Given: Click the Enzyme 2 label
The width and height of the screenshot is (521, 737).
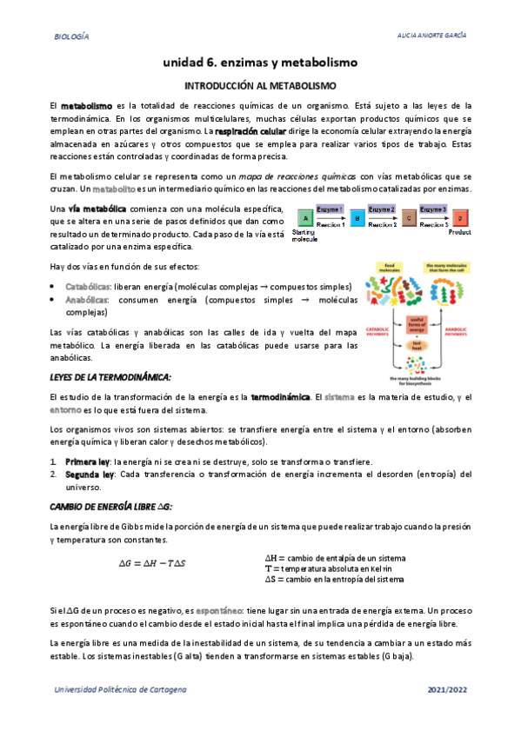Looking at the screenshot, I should pyautogui.click(x=381, y=209).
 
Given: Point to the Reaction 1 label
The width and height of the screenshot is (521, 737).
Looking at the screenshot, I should pyautogui.click(x=331, y=225).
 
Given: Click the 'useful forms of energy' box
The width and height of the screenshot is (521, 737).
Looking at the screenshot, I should pyautogui.click(x=417, y=324).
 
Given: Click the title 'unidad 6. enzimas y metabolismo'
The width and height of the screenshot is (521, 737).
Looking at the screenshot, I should pyautogui.click(x=260, y=63).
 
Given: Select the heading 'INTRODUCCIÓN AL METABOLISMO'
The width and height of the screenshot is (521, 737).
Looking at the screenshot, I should pyautogui.click(x=260, y=86).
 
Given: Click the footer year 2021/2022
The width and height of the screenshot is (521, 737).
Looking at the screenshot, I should pyautogui.click(x=448, y=688).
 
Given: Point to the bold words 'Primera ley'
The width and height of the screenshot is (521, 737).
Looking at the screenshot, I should pyautogui.click(x=90, y=461).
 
